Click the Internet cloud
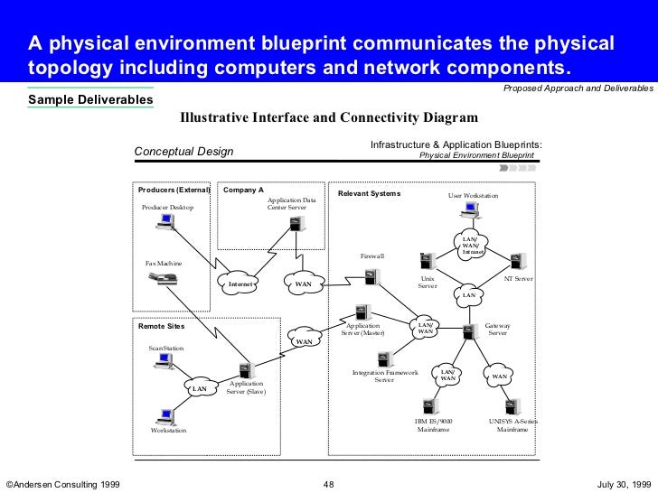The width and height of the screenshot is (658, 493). (240, 284)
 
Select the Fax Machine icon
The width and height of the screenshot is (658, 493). (165, 278)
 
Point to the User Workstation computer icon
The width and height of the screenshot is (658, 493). (469, 210)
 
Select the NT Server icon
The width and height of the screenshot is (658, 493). (516, 262)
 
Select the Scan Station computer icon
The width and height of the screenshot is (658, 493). (164, 362)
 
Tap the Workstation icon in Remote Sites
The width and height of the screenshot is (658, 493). (164, 415)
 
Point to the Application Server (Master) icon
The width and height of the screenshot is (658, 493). (361, 313)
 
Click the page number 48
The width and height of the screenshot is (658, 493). (328, 485)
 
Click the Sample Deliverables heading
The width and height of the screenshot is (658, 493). (90, 98)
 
